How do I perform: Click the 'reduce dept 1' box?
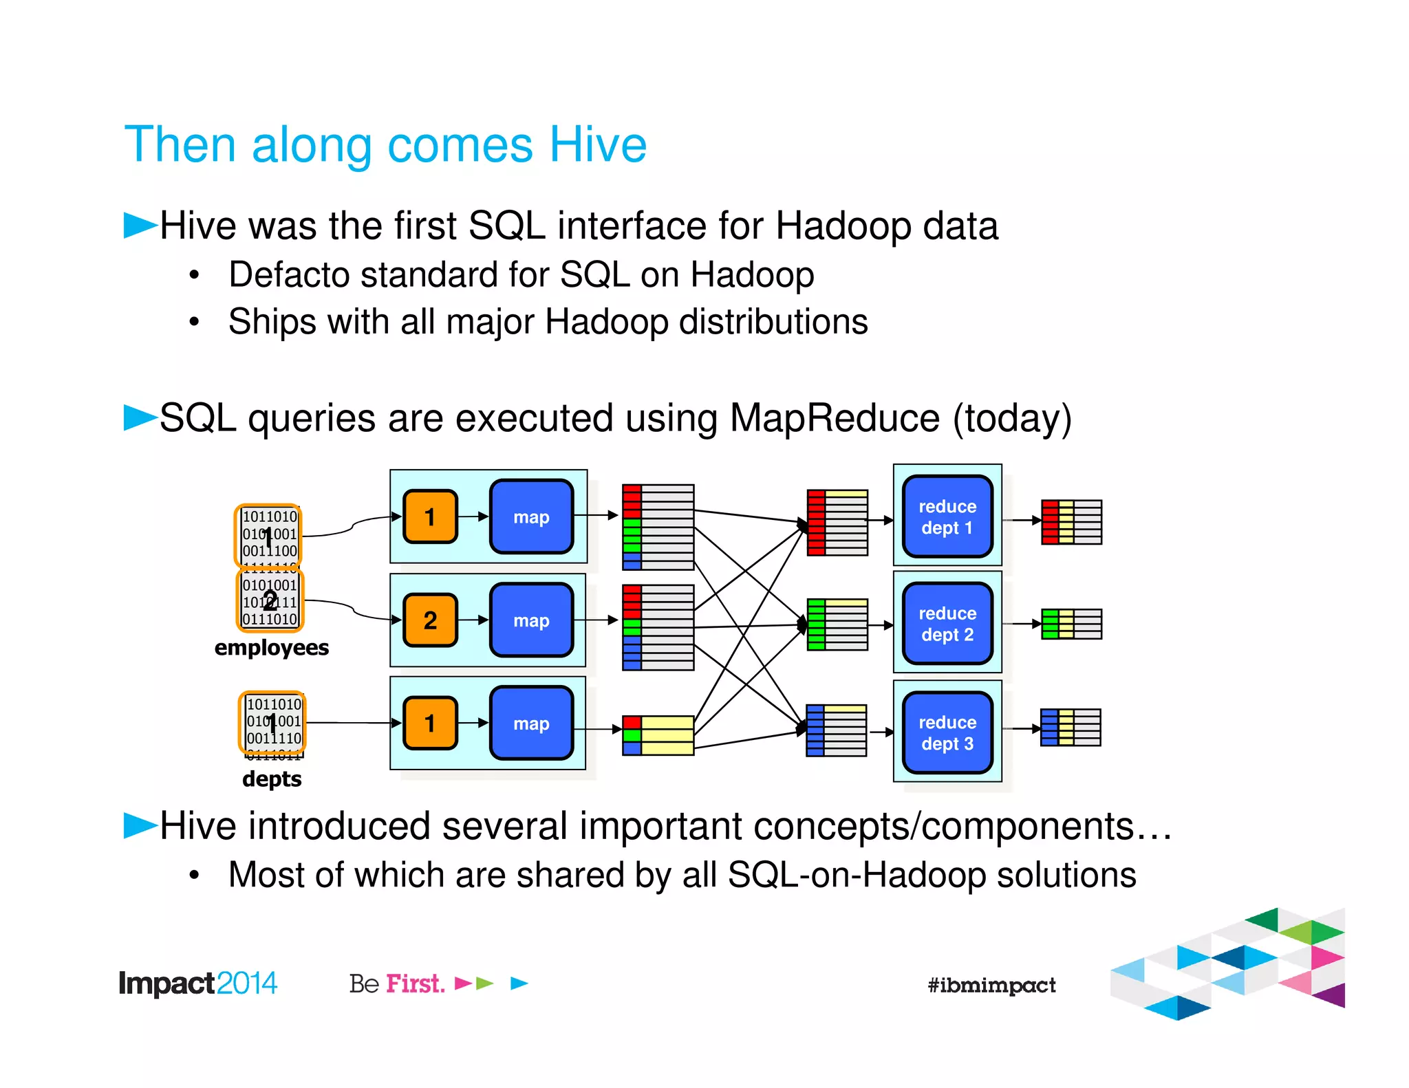pyautogui.click(x=947, y=516)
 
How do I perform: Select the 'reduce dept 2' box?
pyautogui.click(x=947, y=623)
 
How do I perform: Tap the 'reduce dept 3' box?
pyautogui.click(x=947, y=732)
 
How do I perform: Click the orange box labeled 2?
pyautogui.click(x=430, y=620)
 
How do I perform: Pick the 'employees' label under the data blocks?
pyautogui.click(x=271, y=648)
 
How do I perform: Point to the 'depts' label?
pyautogui.click(x=272, y=779)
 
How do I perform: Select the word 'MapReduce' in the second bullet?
pyautogui.click(x=834, y=418)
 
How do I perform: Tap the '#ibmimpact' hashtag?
pyautogui.click(x=991, y=985)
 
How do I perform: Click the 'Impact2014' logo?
pyautogui.click(x=198, y=983)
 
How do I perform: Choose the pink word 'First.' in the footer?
pyautogui.click(x=415, y=983)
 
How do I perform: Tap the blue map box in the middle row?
pyautogui.click(x=531, y=620)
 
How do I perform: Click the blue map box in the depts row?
pyautogui.click(x=531, y=723)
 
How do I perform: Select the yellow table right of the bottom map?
pyautogui.click(x=658, y=735)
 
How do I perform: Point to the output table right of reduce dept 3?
pyautogui.click(x=1071, y=728)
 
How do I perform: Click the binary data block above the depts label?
pyautogui.click(x=272, y=722)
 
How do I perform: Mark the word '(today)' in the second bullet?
pyautogui.click(x=1011, y=418)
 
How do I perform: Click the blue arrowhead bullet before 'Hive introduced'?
pyautogui.click(x=140, y=825)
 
